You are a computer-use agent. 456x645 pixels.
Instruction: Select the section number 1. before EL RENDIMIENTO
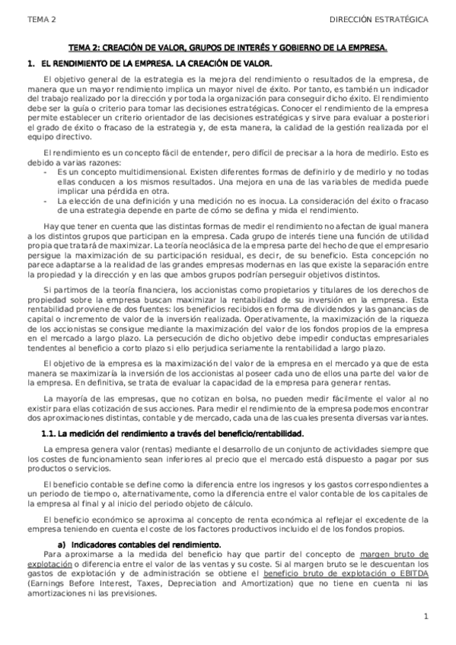coord(30,64)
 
